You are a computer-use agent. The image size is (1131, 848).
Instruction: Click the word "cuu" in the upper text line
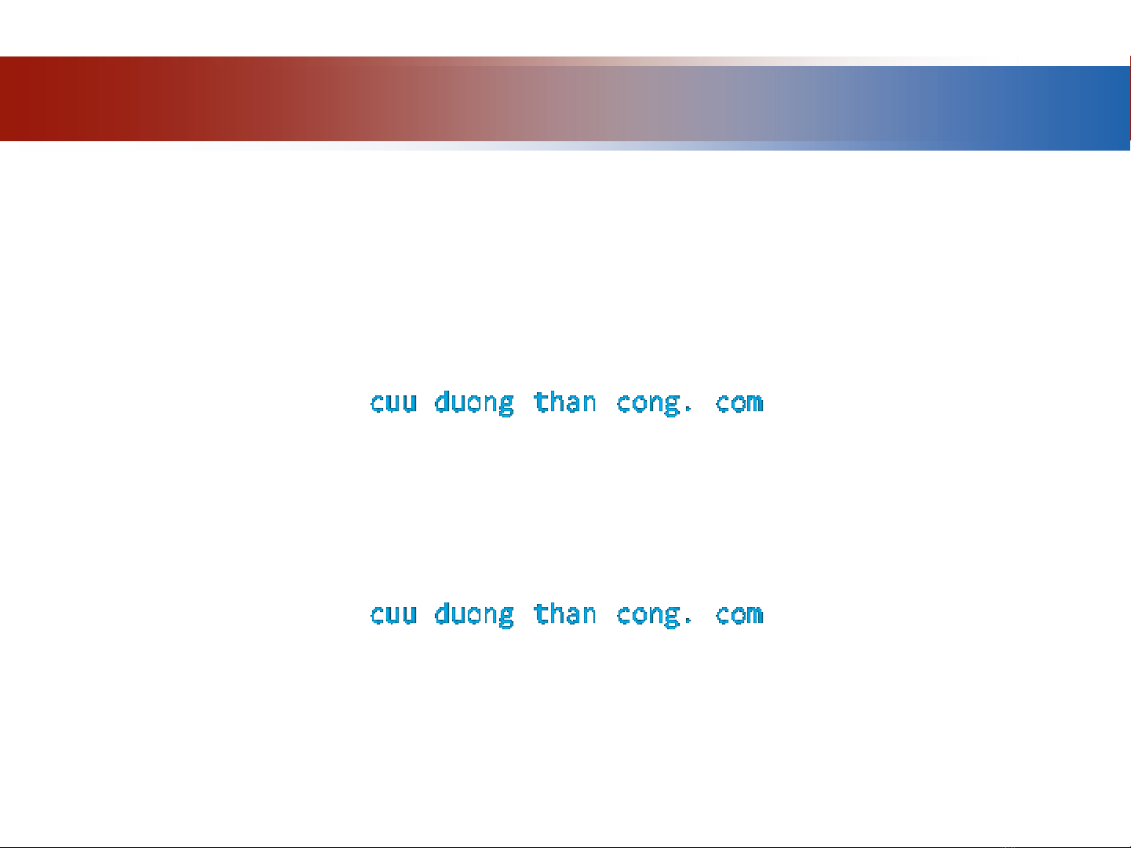393,402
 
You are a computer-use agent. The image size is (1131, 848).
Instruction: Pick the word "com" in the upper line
739,402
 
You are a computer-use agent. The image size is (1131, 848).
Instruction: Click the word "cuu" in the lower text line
393,615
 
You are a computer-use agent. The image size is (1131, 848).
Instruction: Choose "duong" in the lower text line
474,614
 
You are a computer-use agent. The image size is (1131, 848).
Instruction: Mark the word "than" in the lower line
565,613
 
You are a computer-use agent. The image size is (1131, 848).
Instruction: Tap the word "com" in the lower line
739,615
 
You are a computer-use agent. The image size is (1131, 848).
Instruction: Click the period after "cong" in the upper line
688,410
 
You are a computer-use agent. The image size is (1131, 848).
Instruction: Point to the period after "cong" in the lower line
688,623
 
